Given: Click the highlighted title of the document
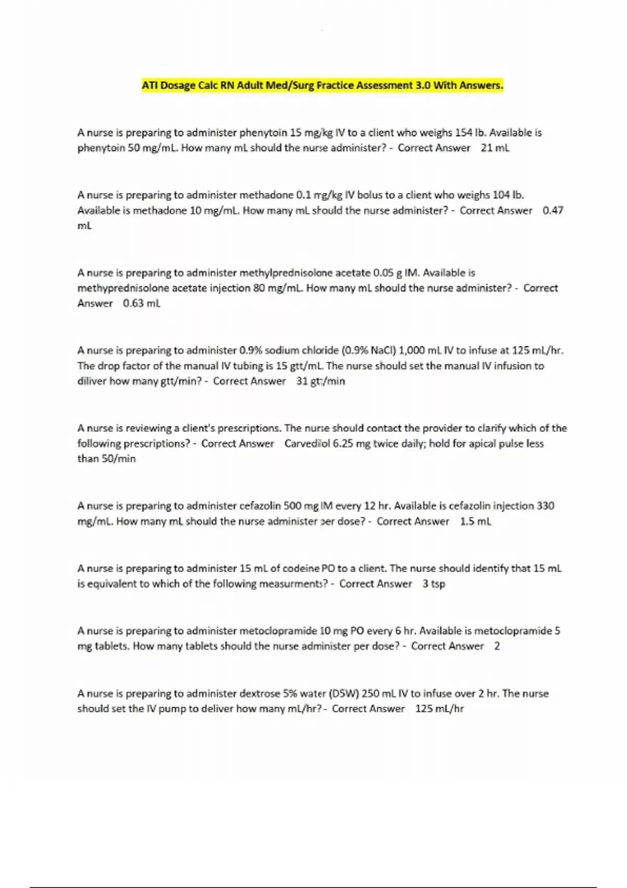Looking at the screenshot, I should (322, 85).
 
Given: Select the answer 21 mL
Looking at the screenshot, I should (494, 148).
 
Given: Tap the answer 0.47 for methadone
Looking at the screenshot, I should (553, 211).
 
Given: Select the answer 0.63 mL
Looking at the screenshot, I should (142, 303).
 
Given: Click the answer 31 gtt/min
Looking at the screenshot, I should (320, 381).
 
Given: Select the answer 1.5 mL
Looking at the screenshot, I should (475, 521).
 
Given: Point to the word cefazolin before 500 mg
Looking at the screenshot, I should (260, 506).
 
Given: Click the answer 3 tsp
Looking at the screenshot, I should (434, 584).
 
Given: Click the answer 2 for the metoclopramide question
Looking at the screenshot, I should (497, 646).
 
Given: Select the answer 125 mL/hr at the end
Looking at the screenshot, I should (439, 709).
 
